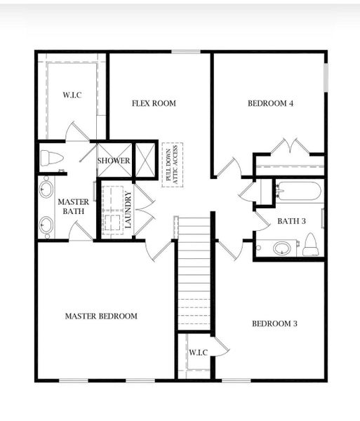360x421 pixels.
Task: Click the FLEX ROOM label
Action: point(154,104)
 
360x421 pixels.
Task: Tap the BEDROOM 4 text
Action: point(270,104)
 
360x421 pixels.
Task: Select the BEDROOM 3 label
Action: point(274,323)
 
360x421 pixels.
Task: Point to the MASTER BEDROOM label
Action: point(101,316)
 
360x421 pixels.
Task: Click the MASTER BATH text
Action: point(72,208)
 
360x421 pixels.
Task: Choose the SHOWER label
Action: point(113,161)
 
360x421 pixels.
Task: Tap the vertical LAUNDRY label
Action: point(128,210)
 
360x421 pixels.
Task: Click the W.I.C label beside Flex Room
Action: point(72,95)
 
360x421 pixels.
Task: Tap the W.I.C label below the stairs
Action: point(198,352)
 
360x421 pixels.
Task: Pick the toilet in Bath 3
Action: point(310,246)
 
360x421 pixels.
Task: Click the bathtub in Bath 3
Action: point(298,190)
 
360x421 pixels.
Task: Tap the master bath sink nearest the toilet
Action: point(47,188)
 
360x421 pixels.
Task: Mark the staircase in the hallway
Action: point(194,274)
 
